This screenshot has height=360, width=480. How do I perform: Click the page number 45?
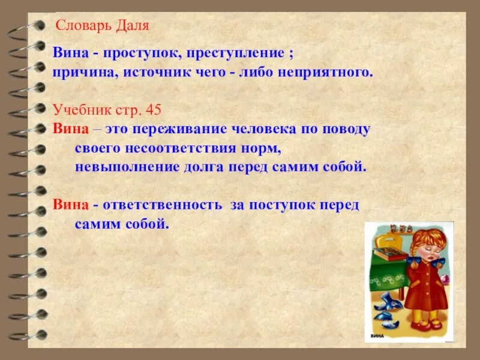tap(154, 110)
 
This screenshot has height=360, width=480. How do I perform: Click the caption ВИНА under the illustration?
tap(377, 336)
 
